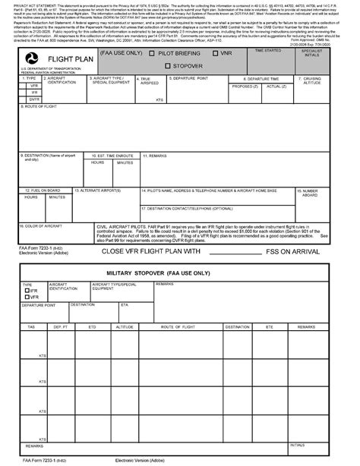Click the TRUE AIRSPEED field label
pos(144,80)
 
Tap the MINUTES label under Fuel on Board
pos(57,197)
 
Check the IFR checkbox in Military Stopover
pos(26,290)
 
